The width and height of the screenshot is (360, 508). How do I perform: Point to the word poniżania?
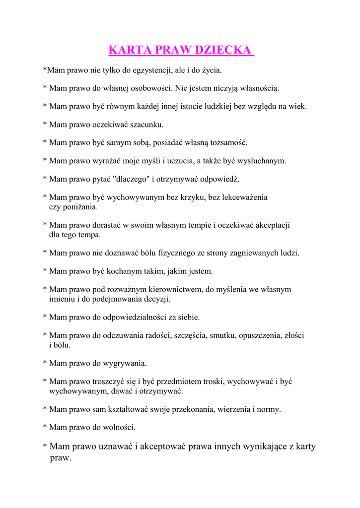(x=79, y=207)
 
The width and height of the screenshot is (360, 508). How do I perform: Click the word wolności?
(x=119, y=427)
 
